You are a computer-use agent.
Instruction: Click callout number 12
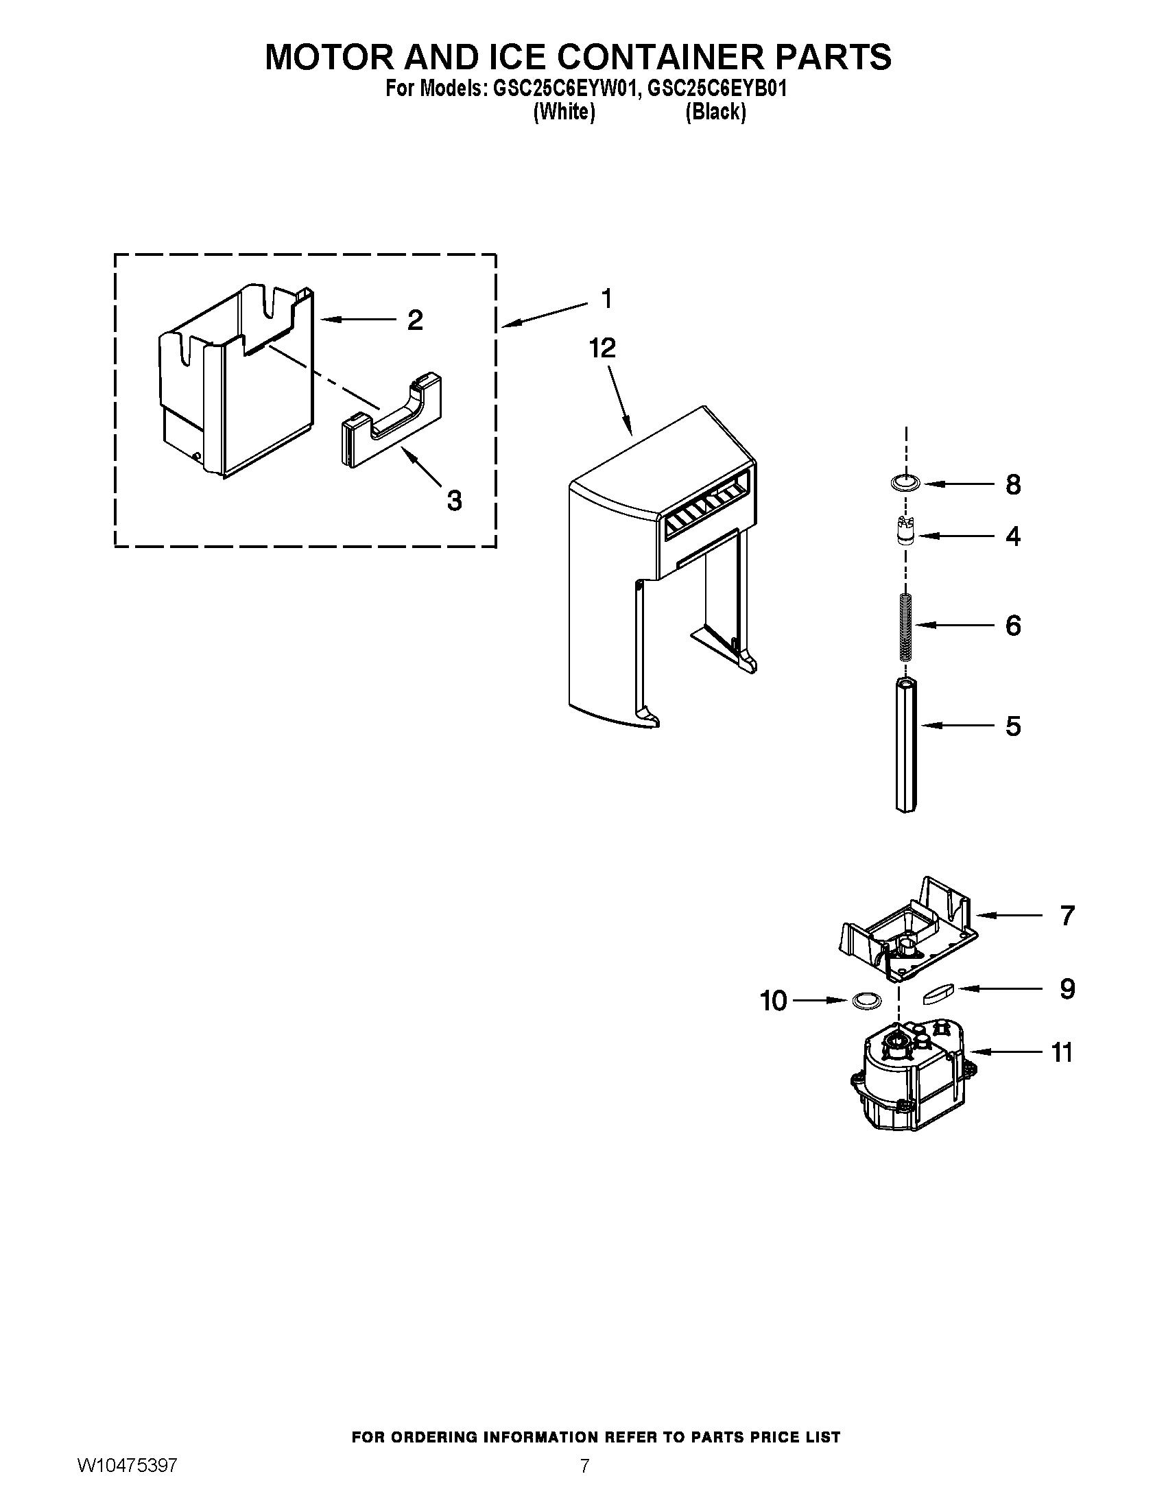(602, 348)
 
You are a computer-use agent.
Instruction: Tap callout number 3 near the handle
(454, 500)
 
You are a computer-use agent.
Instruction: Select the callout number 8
(1012, 485)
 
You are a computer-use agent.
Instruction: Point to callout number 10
(774, 1001)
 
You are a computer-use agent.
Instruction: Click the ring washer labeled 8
(905, 483)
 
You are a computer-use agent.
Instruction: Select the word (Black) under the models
(715, 112)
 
